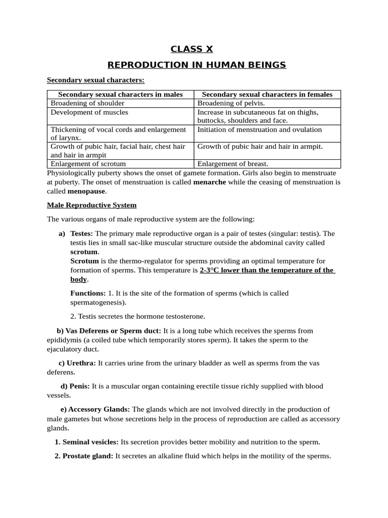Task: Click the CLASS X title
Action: pos(191,49)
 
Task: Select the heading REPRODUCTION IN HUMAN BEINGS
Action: pos(197,65)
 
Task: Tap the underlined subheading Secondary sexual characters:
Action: pos(95,80)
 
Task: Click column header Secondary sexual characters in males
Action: pos(120,95)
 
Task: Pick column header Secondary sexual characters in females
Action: pos(267,95)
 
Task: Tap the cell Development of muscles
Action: pos(89,112)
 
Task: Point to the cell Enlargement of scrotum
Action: pos(88,164)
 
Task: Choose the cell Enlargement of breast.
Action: pos(233,164)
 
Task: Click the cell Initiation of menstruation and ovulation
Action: pos(260,130)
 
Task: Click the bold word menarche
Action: pos(210,182)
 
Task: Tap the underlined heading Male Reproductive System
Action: pos(91,205)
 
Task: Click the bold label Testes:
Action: pos(81,234)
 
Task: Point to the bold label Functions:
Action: pos(88,293)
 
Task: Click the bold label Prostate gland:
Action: pos(88,456)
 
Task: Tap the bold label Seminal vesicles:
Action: pos(90,442)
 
